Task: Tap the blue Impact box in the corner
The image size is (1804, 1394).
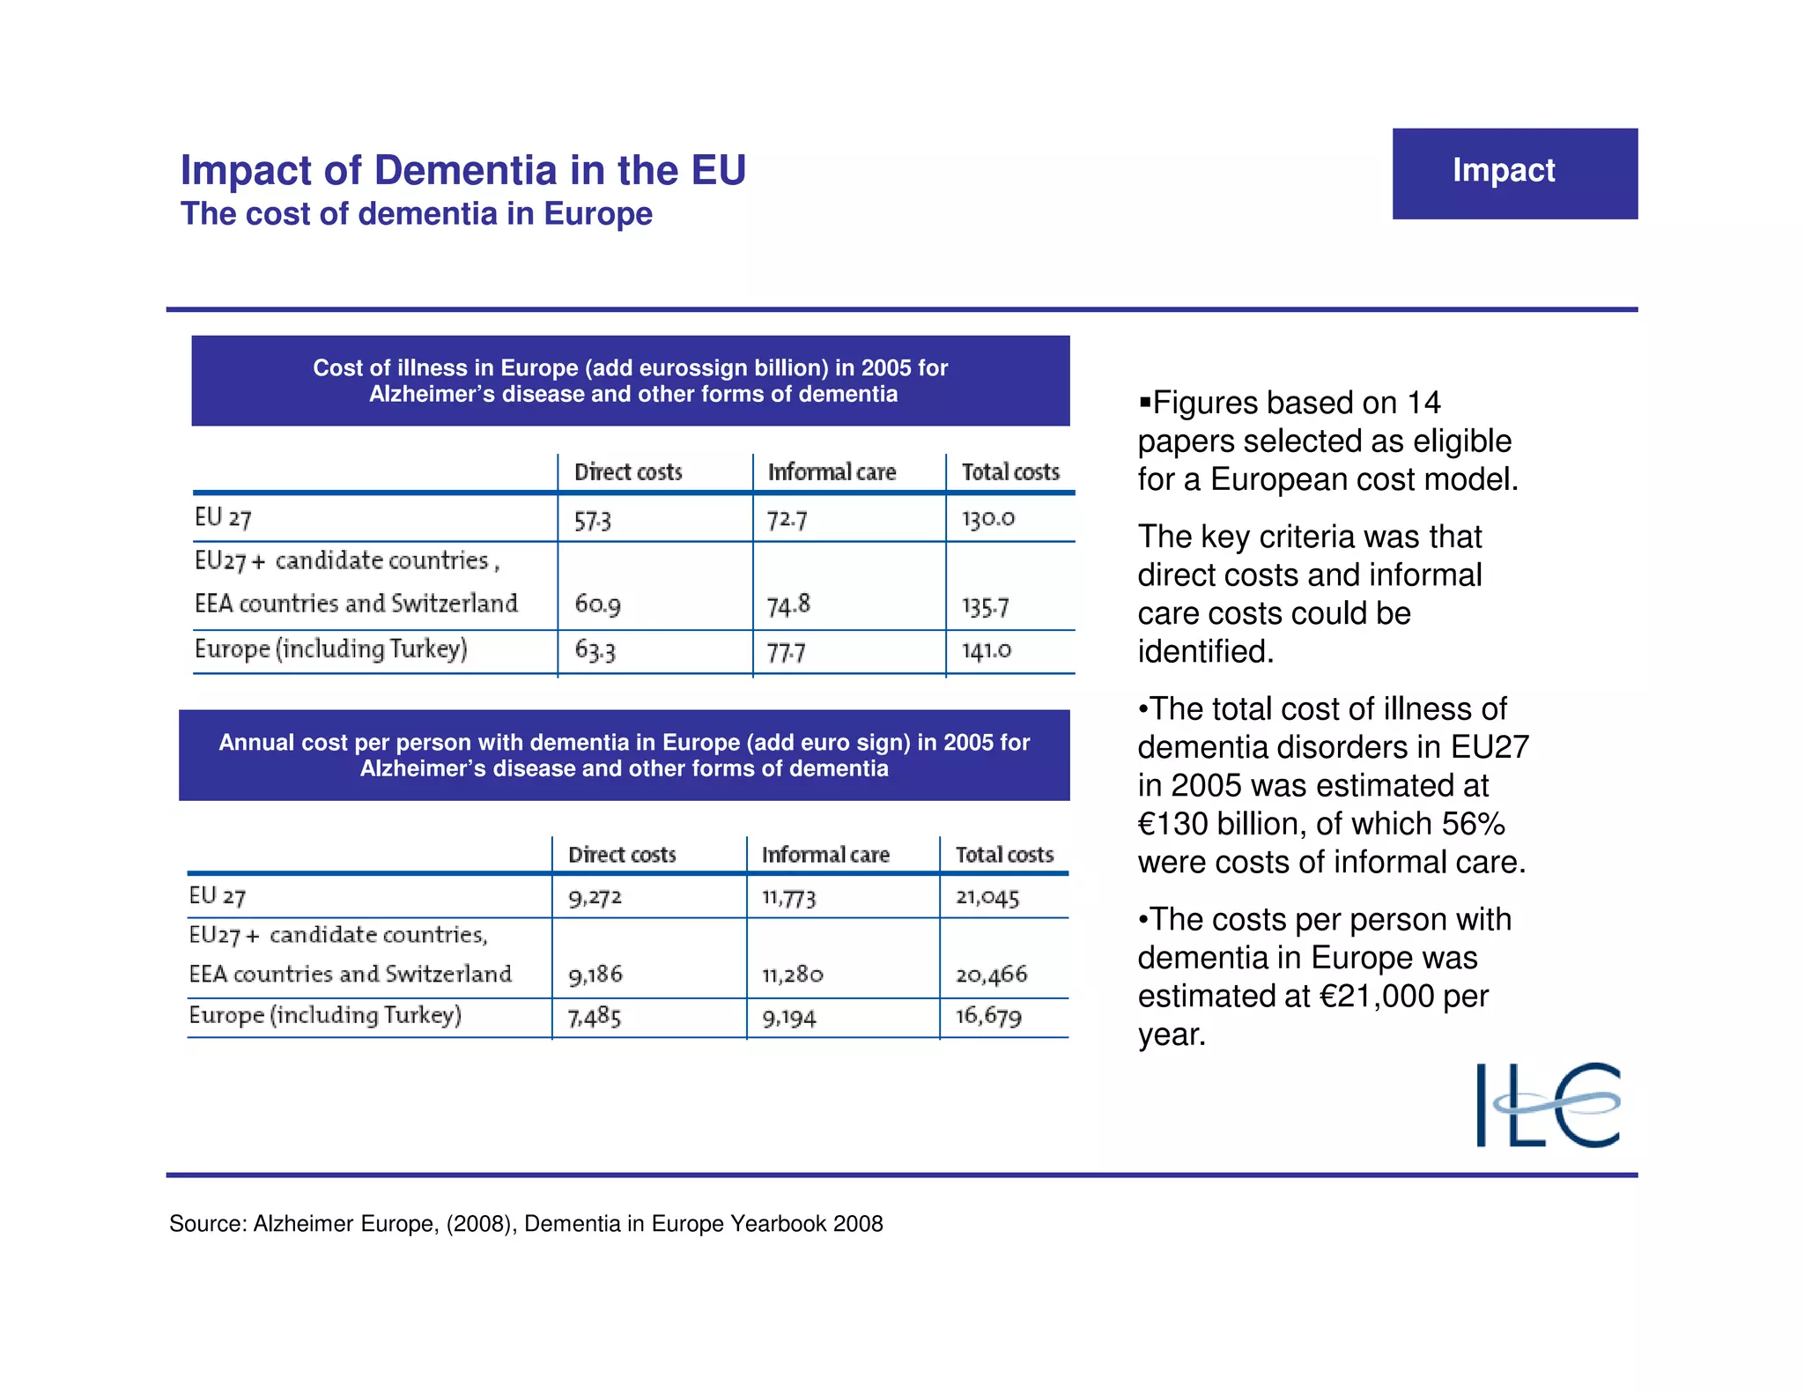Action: point(1514,174)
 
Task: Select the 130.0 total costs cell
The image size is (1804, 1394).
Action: point(987,518)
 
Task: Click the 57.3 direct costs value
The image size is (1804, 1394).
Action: point(593,520)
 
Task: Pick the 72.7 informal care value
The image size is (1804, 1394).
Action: point(787,520)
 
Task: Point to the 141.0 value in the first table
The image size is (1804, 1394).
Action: point(987,650)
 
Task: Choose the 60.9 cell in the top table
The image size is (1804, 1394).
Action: point(598,604)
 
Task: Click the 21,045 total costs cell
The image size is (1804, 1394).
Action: point(987,897)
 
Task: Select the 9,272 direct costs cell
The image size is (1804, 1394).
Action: point(595,897)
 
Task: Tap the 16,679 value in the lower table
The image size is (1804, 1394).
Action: point(988,1016)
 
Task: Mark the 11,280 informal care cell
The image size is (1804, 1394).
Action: point(793,975)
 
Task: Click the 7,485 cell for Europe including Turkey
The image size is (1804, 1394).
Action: point(595,1017)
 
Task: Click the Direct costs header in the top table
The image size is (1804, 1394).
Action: point(628,472)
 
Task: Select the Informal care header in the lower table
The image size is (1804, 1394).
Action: point(825,855)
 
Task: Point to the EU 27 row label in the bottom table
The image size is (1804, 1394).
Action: point(218,896)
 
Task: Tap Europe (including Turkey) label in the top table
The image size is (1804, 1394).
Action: point(331,649)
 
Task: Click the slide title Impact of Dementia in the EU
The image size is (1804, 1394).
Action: point(463,170)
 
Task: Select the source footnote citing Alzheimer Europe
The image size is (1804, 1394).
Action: point(526,1223)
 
